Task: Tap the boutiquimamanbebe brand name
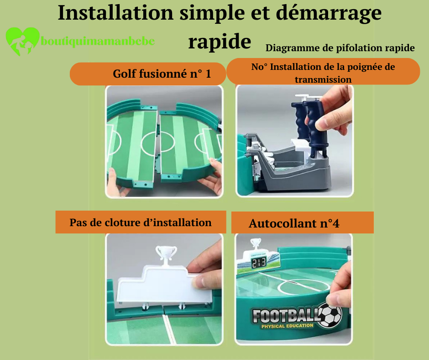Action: click(98, 42)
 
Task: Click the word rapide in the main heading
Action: click(220, 42)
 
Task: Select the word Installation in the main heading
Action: click(116, 13)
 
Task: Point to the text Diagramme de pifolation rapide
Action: click(340, 48)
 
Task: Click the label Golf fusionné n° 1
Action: click(162, 74)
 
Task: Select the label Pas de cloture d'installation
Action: click(141, 222)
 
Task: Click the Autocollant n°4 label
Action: click(294, 223)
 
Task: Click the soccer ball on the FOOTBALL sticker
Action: click(330, 315)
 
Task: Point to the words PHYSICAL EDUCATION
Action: click(287, 326)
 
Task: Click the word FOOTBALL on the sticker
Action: click(285, 315)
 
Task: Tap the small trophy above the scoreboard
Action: click(256, 244)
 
